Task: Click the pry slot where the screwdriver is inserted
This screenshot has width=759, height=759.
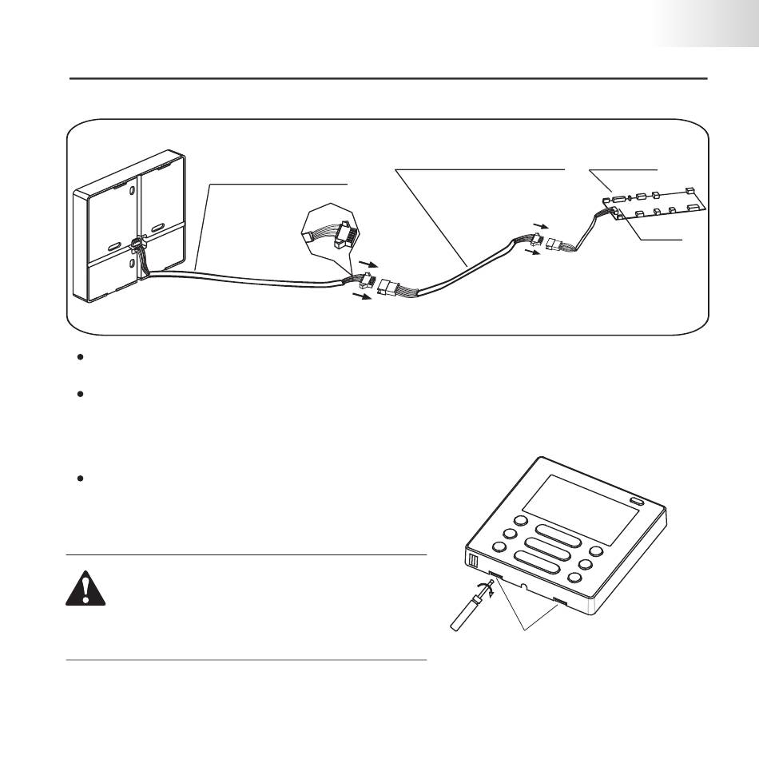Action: pos(496,575)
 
